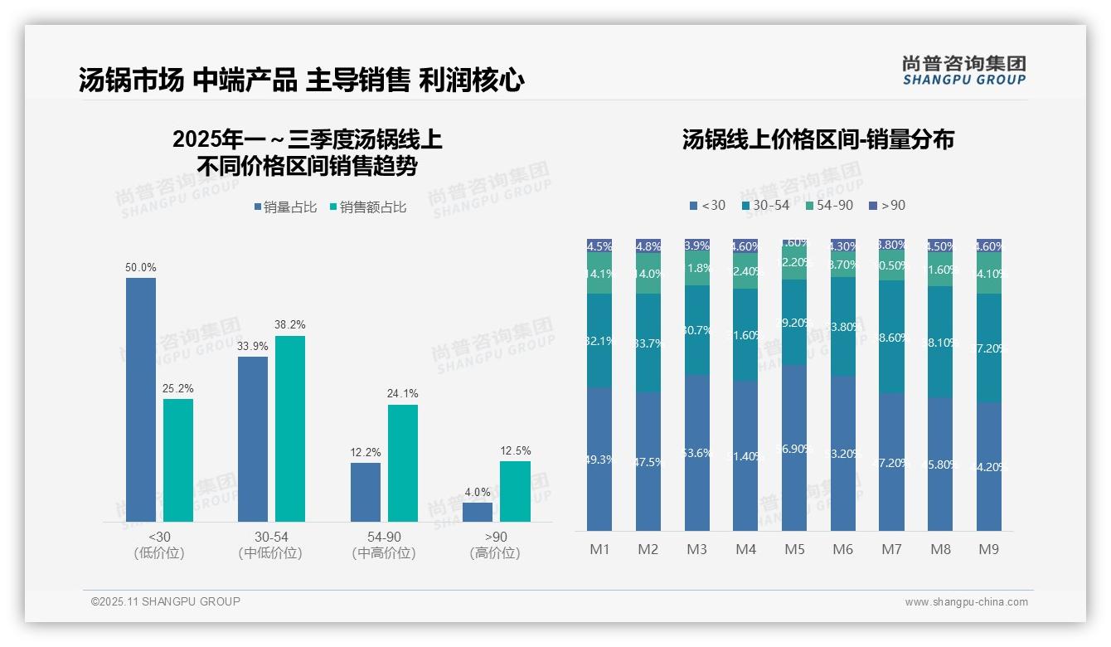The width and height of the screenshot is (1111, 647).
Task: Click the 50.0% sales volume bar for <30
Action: pyautogui.click(x=141, y=400)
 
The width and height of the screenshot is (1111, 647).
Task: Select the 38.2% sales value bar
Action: pyautogui.click(x=290, y=429)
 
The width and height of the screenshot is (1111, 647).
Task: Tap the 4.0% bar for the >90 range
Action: pyautogui.click(x=478, y=512)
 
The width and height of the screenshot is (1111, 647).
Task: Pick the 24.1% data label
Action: pyautogui.click(x=403, y=394)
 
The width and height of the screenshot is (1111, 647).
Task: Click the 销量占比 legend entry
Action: pyautogui.click(x=285, y=207)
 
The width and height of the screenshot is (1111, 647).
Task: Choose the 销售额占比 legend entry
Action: pyautogui.click(x=368, y=207)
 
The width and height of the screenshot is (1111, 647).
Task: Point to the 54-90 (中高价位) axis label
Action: pyautogui.click(x=383, y=545)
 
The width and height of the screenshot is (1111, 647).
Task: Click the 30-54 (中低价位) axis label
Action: pyautogui.click(x=270, y=545)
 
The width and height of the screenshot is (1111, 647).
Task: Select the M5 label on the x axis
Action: pyautogui.click(x=794, y=549)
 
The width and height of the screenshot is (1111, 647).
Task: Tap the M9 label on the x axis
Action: pyautogui.click(x=989, y=549)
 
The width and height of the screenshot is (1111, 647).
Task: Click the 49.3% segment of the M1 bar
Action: pyautogui.click(x=599, y=459)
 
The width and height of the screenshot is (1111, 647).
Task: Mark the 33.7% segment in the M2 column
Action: pyautogui.click(x=648, y=343)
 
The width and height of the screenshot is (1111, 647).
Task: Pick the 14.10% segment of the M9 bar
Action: pyautogui.click(x=989, y=274)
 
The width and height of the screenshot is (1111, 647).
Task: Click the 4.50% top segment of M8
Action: pyautogui.click(x=940, y=246)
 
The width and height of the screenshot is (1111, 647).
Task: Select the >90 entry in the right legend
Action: pyautogui.click(x=887, y=205)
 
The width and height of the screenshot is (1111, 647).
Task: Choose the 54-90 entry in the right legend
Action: pyautogui.click(x=829, y=205)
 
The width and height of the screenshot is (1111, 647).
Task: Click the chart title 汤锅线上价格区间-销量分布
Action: pyautogui.click(x=818, y=139)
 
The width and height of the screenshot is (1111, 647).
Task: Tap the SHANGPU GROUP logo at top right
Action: pyautogui.click(x=964, y=71)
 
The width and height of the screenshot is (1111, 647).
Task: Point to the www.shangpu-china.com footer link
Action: pyautogui.click(x=966, y=602)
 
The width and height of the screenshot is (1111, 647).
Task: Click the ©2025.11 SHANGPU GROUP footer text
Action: pyautogui.click(x=166, y=601)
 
